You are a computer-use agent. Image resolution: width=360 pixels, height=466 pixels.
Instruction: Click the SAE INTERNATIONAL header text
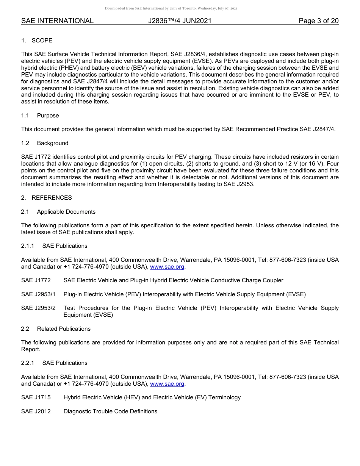click(x=57, y=21)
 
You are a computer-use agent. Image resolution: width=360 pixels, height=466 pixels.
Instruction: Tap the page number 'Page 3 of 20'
click(x=318, y=21)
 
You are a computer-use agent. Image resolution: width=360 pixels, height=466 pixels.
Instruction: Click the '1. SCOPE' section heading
click(x=37, y=41)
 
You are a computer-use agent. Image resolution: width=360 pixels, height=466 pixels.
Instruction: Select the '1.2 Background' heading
click(x=45, y=143)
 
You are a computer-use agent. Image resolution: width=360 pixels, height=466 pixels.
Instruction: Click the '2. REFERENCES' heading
click(x=46, y=198)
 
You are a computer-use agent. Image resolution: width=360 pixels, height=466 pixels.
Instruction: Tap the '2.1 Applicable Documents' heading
click(x=58, y=212)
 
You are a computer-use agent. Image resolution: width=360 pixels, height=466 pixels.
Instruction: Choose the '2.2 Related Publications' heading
click(x=56, y=329)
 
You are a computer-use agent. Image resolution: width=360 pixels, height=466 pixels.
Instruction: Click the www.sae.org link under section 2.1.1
click(x=167, y=267)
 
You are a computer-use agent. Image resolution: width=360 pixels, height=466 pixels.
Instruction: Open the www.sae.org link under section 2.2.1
click(x=167, y=384)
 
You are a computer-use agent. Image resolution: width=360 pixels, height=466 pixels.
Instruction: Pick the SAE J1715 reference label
click(x=36, y=398)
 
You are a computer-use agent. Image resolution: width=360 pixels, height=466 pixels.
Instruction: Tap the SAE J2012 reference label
click(x=36, y=411)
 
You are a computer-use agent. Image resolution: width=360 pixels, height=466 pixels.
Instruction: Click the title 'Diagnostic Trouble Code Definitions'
click(x=110, y=411)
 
